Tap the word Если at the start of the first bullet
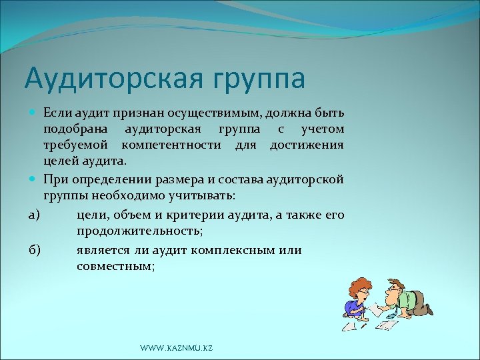click(x=56, y=110)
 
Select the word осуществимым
click(x=217, y=110)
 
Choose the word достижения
click(x=307, y=145)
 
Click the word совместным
click(x=115, y=266)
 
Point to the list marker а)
click(x=33, y=214)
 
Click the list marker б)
click(x=34, y=249)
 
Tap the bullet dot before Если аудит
click(x=33, y=110)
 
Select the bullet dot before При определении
click(x=33, y=179)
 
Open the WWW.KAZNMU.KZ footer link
click(x=177, y=349)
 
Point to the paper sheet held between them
click(x=378, y=307)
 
